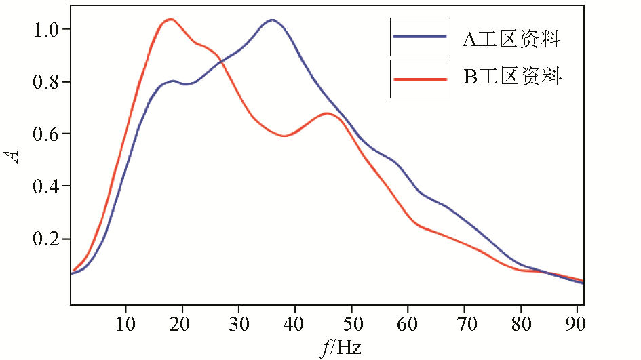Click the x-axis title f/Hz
(341, 348)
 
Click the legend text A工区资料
(511, 40)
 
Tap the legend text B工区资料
(512, 77)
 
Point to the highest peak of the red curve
(170, 19)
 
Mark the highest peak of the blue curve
(272, 20)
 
